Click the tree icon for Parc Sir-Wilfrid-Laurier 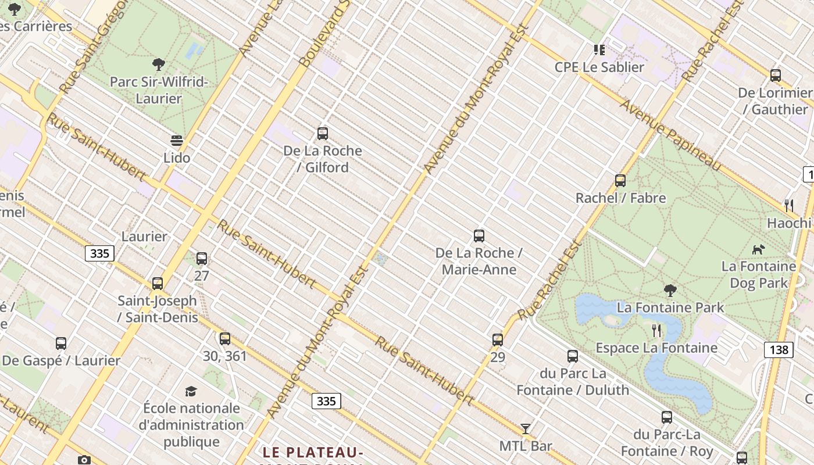click(158, 64)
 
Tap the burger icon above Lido click(177, 141)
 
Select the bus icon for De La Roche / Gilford click(323, 134)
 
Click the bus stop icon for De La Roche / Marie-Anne click(479, 236)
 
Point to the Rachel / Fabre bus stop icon click(620, 181)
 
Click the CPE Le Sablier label click(599, 67)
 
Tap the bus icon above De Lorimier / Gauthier click(776, 75)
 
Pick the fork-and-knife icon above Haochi click(789, 205)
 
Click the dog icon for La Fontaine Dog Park click(758, 249)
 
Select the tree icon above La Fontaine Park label click(670, 290)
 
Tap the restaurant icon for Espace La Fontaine click(656, 331)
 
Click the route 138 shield click(779, 349)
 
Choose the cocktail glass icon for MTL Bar click(526, 429)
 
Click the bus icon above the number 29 click(498, 340)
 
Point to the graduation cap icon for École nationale click(191, 391)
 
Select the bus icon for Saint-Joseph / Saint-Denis click(158, 284)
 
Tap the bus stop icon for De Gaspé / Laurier click(61, 344)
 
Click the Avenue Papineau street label click(670, 135)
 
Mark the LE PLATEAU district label click(313, 452)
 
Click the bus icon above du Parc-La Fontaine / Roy click(667, 417)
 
